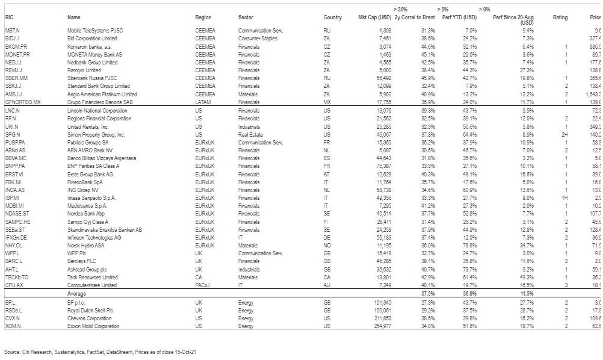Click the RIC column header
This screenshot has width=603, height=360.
click(x=9, y=17)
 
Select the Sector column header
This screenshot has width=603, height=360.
click(x=246, y=17)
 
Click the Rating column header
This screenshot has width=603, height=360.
click(x=560, y=17)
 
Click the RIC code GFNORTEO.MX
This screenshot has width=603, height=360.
click(x=20, y=103)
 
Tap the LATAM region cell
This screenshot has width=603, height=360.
click(x=203, y=103)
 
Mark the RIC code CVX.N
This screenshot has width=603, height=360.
click(x=12, y=318)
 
